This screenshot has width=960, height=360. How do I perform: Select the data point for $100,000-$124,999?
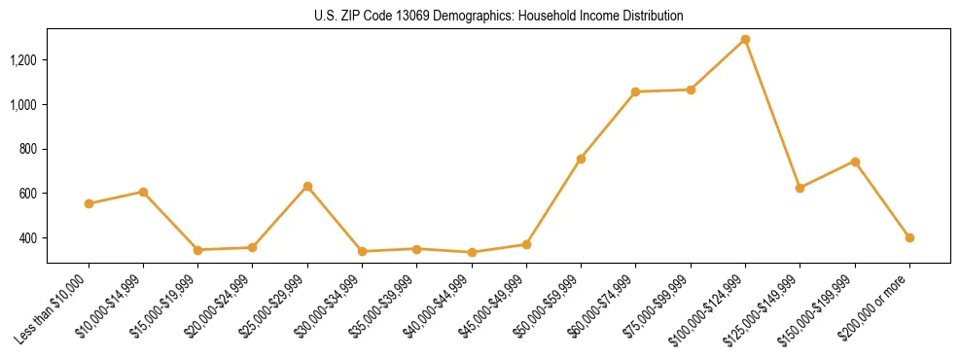tap(745, 40)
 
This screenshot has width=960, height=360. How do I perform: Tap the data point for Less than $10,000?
tap(89, 204)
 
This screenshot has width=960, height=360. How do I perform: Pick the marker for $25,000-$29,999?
tap(307, 186)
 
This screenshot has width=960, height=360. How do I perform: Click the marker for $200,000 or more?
tap(909, 237)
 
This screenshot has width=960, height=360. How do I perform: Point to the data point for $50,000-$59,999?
tap(581, 159)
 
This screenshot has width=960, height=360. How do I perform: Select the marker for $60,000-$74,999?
tap(635, 91)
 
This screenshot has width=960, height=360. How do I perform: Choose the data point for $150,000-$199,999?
tap(855, 162)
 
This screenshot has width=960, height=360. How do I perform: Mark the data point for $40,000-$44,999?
tap(472, 252)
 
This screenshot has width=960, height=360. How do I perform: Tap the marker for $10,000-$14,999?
tap(143, 192)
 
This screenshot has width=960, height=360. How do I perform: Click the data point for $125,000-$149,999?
tap(800, 188)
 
